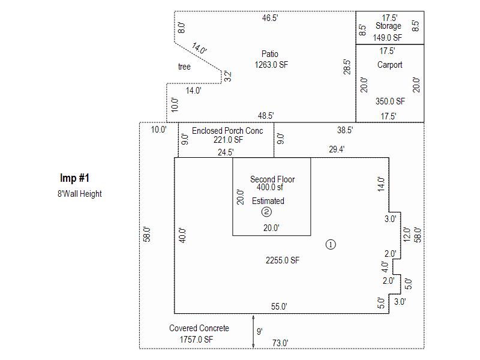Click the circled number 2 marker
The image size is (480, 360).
[x=267, y=212]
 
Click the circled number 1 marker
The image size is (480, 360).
[x=330, y=244]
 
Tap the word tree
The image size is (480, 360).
[x=184, y=67]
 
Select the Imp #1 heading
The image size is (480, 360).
[x=75, y=178]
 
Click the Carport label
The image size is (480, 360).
[x=390, y=65]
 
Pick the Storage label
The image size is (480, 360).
[x=388, y=26]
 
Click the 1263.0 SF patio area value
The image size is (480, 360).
[x=271, y=65]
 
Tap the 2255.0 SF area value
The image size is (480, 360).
[x=283, y=260]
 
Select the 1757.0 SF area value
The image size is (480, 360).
[x=197, y=340]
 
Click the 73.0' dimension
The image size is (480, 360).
[x=280, y=343]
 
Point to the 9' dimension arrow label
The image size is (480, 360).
[x=259, y=331]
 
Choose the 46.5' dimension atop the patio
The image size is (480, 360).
[x=270, y=18]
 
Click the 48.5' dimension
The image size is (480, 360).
[x=266, y=116]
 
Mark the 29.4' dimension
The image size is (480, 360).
[x=337, y=150]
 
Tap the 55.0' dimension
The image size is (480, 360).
[x=279, y=307]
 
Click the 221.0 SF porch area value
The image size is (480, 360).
[x=229, y=140]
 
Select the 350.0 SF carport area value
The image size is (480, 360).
[x=390, y=102]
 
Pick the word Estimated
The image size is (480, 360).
[x=268, y=201]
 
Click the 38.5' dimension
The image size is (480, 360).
[x=345, y=130]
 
